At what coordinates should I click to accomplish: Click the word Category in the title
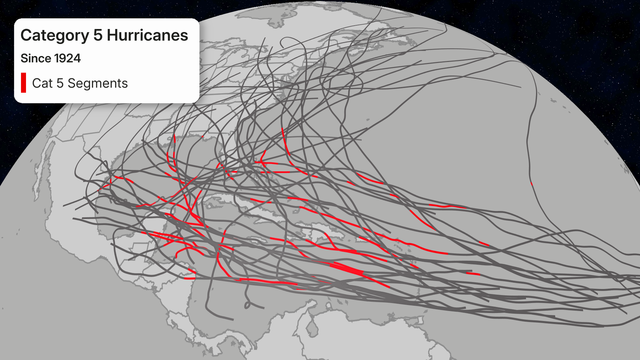click(x=55, y=35)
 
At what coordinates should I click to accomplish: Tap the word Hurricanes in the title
click(x=147, y=35)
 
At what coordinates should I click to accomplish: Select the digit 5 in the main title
click(x=98, y=35)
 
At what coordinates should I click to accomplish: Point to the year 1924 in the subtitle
click(x=67, y=58)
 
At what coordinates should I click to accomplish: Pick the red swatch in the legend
click(x=23, y=83)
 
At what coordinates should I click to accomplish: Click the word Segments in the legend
click(x=98, y=83)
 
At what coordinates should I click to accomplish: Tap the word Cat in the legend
click(x=42, y=83)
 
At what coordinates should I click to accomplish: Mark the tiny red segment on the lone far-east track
click(x=532, y=184)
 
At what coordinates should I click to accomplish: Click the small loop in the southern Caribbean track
click(x=247, y=305)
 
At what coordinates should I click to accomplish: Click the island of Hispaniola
click(x=320, y=233)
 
